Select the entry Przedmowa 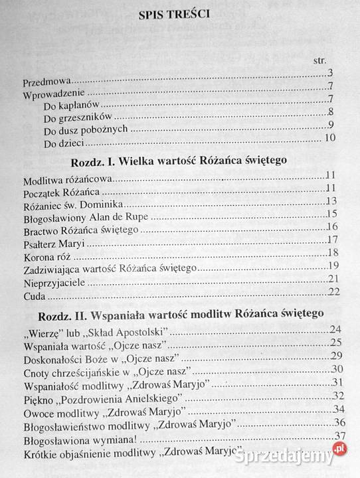(45, 83)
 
